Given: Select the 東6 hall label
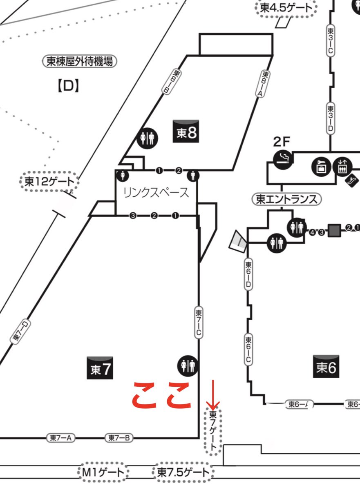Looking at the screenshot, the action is click(x=326, y=367).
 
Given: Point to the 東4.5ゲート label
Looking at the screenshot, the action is click(x=286, y=8).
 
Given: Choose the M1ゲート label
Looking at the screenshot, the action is click(x=103, y=473).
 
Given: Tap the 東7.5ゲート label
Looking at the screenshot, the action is click(x=183, y=473).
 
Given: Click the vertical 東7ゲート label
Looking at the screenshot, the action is click(x=213, y=431).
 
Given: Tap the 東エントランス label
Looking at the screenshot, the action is click(x=286, y=199).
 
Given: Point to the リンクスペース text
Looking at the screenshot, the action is click(x=156, y=192).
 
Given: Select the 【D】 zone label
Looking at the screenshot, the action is click(x=67, y=86).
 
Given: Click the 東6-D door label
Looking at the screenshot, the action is click(x=248, y=275).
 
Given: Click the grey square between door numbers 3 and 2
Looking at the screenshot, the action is click(x=335, y=230).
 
